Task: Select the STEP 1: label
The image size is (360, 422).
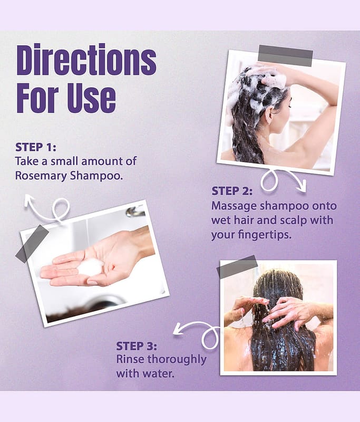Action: pos(36,147)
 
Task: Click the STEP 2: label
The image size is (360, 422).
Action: pos(232,191)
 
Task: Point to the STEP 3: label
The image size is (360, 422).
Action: pos(137,346)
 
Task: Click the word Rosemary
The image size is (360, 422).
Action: pos(41,176)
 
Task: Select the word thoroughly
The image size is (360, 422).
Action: pos(177,360)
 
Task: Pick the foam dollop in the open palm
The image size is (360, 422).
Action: pos(91,267)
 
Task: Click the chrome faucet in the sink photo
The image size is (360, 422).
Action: pos(135,212)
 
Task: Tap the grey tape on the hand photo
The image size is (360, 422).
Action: pos(32,244)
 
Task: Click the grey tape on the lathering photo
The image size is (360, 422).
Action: pos(286,56)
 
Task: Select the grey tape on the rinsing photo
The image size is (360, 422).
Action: pos(237,267)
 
